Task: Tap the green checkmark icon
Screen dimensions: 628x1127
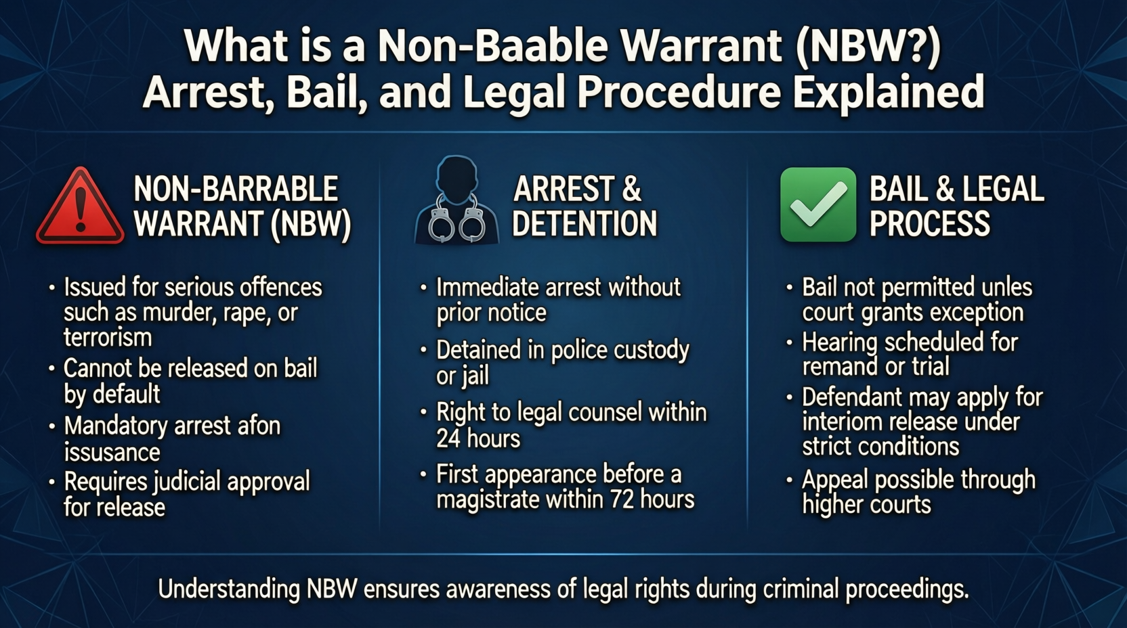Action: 817,204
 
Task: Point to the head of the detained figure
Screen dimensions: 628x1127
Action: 456,177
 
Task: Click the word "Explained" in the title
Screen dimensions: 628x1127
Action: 889,92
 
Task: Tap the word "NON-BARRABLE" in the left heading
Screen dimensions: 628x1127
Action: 236,189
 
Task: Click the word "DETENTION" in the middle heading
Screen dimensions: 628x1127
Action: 584,224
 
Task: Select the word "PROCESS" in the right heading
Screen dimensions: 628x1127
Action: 929,224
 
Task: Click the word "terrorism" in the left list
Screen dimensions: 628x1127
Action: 108,338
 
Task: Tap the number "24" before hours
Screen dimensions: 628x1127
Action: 448,439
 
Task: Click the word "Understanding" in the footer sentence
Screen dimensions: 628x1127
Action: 229,589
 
